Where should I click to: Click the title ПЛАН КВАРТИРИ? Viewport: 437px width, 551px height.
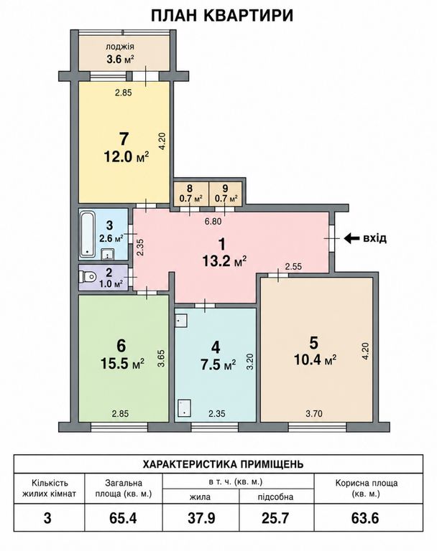point(222,16)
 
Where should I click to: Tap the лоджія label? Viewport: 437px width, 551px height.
point(120,47)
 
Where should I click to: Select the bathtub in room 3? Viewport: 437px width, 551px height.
point(87,233)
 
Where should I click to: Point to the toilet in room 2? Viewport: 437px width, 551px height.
point(88,277)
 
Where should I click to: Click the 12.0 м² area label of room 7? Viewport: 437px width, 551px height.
point(126,156)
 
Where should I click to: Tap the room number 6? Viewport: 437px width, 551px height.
point(121,346)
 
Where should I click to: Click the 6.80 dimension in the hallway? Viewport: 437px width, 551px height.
point(213,222)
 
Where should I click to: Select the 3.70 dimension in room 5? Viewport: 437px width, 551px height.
point(314,413)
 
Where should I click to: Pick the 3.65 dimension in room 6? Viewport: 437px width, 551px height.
point(161,359)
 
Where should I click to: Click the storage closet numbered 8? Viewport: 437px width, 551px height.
point(190,194)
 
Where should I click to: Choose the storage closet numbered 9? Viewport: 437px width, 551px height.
point(226,194)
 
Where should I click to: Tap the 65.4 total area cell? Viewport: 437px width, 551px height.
point(123,518)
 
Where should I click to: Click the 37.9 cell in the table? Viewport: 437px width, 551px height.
point(201,518)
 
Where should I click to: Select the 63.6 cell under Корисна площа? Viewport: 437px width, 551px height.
point(365,518)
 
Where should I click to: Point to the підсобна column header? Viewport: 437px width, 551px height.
point(275,497)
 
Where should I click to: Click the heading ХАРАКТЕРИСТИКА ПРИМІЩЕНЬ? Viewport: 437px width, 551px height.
point(223,464)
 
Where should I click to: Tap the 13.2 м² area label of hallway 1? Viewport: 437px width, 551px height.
point(224,261)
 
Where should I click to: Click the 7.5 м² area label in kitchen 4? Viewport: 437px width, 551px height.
point(218,364)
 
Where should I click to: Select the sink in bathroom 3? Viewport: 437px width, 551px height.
point(107,253)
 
